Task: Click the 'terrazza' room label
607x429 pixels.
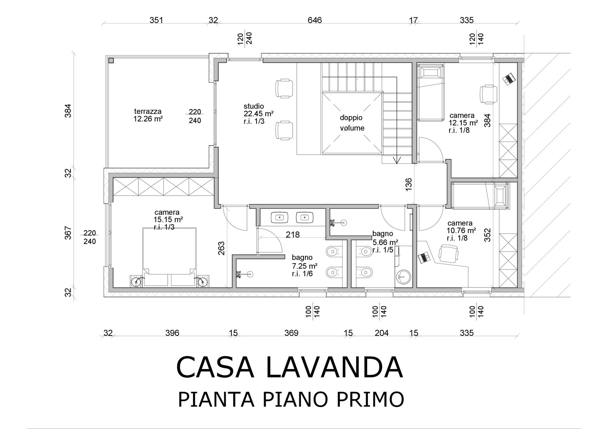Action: [148, 112]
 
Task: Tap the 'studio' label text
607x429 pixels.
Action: [254, 106]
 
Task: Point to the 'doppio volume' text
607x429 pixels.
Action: [352, 123]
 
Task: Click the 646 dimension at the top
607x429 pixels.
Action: [315, 20]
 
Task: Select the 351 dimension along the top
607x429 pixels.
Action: [156, 20]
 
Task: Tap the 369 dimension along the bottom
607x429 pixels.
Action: [291, 333]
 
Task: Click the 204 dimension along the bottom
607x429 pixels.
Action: [382, 333]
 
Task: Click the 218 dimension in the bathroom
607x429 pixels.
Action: [292, 234]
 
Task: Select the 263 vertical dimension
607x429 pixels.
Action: [221, 248]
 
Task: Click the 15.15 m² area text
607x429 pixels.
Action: [168, 219]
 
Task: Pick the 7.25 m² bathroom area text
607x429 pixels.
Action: [305, 266]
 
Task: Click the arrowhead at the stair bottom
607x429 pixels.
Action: [397, 160]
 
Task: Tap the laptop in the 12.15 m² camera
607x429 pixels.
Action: [509, 79]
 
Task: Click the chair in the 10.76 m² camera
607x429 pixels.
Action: [448, 254]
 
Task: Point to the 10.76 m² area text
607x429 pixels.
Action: [461, 231]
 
